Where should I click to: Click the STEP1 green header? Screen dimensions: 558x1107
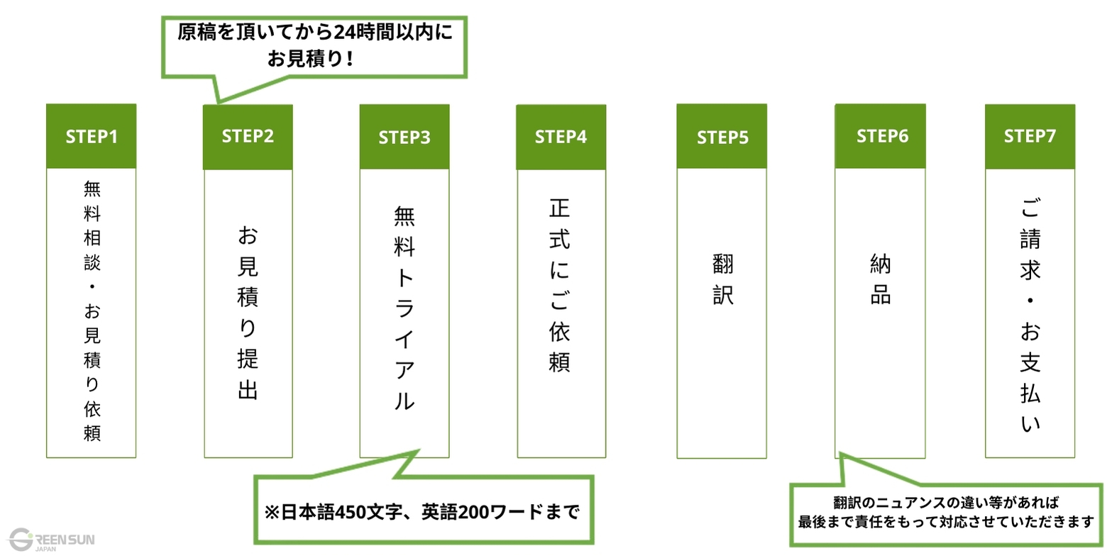click(x=91, y=136)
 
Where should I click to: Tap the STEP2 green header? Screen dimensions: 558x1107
click(x=248, y=137)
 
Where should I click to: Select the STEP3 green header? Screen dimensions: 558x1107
click(x=404, y=137)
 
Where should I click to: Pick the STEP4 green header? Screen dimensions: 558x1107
click(x=561, y=137)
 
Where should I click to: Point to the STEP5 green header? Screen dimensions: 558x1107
click(x=722, y=137)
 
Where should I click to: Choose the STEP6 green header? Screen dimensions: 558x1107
click(x=881, y=136)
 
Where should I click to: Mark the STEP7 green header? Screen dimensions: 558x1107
click(x=1030, y=136)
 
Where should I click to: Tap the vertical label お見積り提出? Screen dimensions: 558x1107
click(x=248, y=312)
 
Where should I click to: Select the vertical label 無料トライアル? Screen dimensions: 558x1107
click(x=404, y=308)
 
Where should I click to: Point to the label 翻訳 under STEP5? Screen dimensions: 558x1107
click(x=722, y=279)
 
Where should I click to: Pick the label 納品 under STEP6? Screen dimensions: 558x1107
click(x=881, y=279)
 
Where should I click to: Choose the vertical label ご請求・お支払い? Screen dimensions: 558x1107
click(x=1030, y=316)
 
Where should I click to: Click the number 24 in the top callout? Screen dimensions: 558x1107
click(x=343, y=33)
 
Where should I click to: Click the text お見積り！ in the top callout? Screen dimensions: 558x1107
click(x=310, y=58)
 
